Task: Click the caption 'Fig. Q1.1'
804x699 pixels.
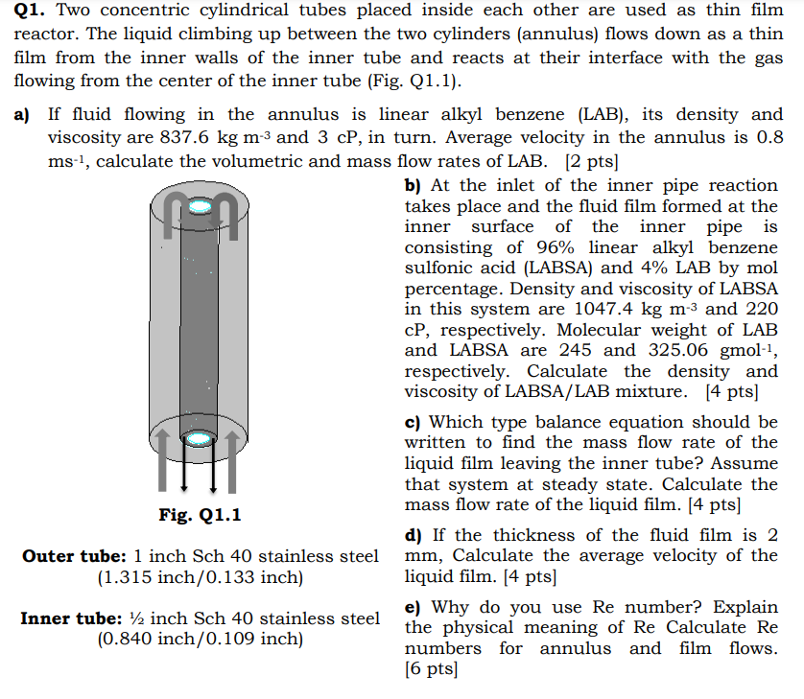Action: tap(200, 515)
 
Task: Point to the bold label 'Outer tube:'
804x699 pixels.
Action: tap(74, 556)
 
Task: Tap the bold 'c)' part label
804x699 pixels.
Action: tap(414, 422)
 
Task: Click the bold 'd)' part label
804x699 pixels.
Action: tap(414, 535)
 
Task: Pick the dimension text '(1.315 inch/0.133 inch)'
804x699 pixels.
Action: tap(200, 577)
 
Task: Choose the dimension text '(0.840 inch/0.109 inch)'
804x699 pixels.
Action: tap(200, 640)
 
